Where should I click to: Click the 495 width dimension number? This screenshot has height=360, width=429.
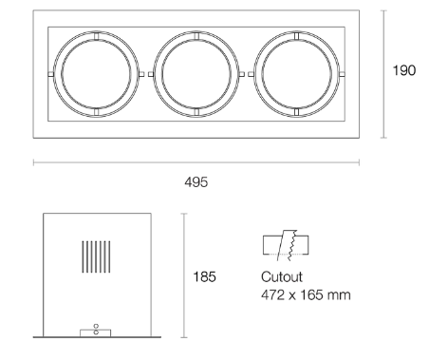(x=196, y=180)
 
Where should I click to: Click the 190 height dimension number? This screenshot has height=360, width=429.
(x=403, y=71)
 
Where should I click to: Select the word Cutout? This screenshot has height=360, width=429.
(x=279, y=279)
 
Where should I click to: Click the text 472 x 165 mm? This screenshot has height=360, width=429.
(x=306, y=294)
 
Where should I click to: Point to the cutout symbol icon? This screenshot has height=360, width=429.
(x=287, y=246)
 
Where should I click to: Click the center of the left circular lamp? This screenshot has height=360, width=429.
(x=95, y=73)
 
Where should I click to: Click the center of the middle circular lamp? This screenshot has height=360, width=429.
(x=195, y=73)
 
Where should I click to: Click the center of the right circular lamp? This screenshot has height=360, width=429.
(x=295, y=73)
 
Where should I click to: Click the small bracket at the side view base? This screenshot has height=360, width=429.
(x=96, y=331)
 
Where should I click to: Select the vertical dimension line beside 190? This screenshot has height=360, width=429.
(x=383, y=74)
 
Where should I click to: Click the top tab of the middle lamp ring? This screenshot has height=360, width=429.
(x=195, y=35)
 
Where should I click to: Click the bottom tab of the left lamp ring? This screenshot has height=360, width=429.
(x=95, y=111)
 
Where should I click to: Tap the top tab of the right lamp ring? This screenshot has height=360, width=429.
(x=295, y=35)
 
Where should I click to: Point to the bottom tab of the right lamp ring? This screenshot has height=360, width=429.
(x=295, y=111)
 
